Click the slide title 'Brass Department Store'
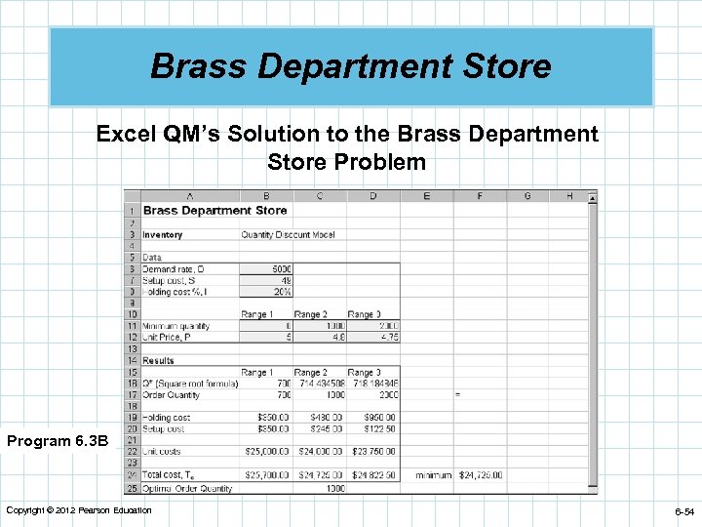(x=351, y=66)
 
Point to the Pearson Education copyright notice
(x=79, y=510)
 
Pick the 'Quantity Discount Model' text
(x=288, y=235)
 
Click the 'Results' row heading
(x=158, y=360)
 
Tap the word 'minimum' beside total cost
(x=432, y=475)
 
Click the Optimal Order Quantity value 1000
(x=334, y=487)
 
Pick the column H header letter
(x=569, y=196)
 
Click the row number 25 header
(x=131, y=487)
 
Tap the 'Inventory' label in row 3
(x=162, y=235)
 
